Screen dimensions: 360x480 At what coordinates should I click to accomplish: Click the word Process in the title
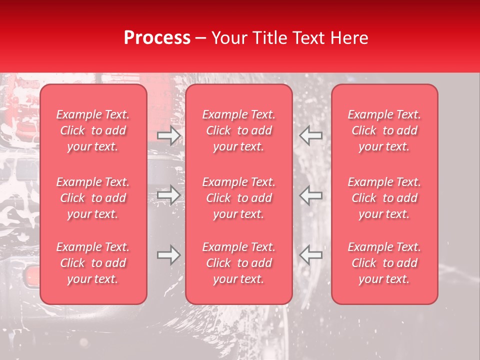tap(157, 38)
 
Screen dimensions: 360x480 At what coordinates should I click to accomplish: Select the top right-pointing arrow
tap(168, 135)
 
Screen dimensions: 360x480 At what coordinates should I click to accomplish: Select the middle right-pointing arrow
tap(168, 195)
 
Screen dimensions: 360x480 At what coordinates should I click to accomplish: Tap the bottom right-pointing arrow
tap(168, 255)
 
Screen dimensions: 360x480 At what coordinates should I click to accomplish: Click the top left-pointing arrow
tap(310, 135)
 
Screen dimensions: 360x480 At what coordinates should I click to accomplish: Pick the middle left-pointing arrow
tap(310, 195)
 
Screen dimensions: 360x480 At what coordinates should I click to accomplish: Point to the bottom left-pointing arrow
tap(310, 255)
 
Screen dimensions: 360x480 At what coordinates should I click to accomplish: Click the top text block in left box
tap(93, 130)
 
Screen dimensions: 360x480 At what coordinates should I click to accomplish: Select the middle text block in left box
tap(93, 198)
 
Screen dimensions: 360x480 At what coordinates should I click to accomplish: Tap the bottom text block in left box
tap(93, 263)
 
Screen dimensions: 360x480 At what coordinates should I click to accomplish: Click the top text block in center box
tap(239, 130)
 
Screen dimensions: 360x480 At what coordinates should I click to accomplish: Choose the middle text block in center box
tap(239, 198)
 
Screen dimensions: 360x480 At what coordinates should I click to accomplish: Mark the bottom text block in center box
tap(239, 263)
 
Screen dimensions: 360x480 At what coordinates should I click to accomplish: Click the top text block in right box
tap(384, 130)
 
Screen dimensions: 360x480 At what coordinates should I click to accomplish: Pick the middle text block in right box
tap(384, 198)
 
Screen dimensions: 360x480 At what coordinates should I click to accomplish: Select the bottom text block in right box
tap(384, 263)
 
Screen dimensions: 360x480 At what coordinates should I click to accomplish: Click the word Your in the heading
tap(230, 38)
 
